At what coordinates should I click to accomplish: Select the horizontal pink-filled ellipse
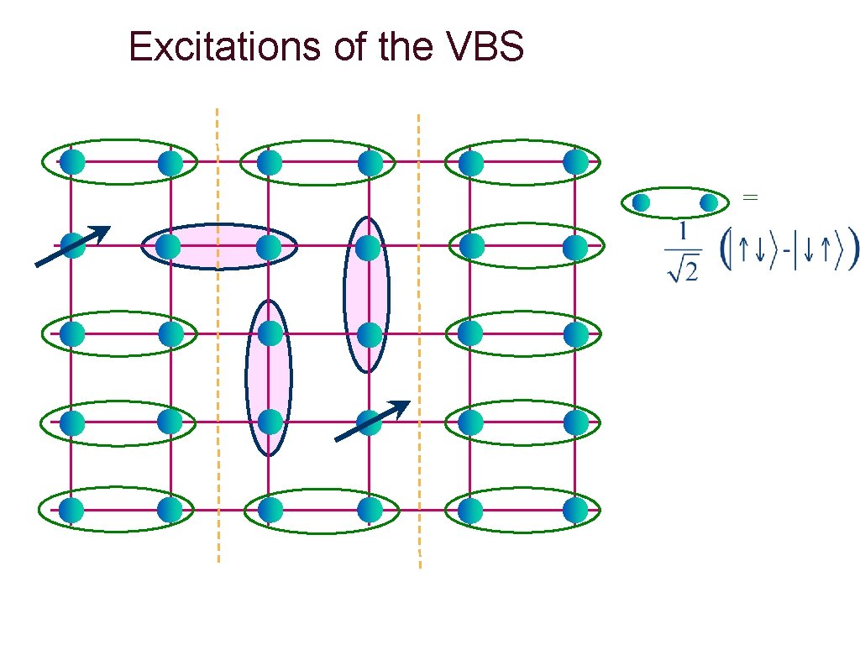click(x=218, y=246)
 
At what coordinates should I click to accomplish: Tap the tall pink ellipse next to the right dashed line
click(x=367, y=294)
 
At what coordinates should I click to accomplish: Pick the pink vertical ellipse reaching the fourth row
click(x=269, y=377)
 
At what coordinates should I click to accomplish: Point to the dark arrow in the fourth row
click(x=372, y=420)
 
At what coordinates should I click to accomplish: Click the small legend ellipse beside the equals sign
click(x=674, y=202)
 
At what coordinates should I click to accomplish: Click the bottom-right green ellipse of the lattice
click(x=522, y=510)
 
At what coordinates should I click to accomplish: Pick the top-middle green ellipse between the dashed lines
click(x=317, y=162)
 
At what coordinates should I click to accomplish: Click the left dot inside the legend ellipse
click(x=642, y=202)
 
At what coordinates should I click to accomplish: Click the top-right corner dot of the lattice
click(x=575, y=161)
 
